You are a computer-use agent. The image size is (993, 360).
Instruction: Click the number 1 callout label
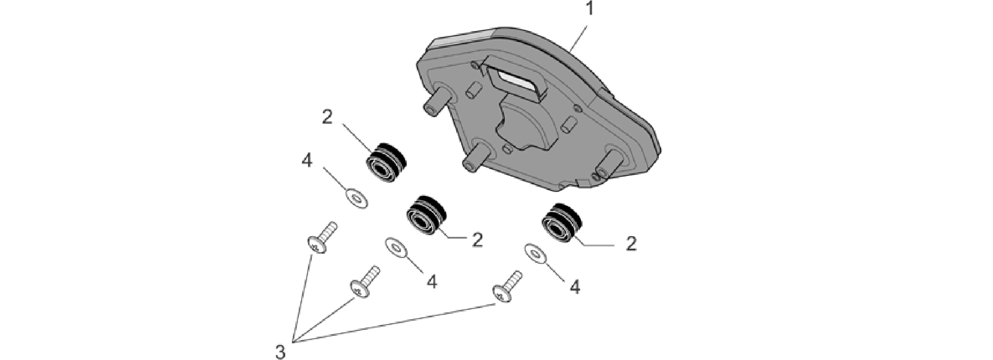pos(589,9)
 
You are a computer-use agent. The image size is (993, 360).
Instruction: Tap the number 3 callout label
pos(280,352)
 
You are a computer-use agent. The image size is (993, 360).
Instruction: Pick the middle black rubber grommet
pos(425,214)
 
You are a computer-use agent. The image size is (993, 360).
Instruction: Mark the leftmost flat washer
pos(356,198)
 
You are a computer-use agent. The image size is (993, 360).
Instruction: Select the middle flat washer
pos(397,248)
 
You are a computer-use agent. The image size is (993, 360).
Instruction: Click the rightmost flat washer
pos(535,254)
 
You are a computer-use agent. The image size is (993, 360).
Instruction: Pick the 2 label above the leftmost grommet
pos(327,117)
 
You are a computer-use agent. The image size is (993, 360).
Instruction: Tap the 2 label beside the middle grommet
pos(478,240)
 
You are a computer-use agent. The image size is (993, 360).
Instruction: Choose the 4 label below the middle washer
pos(431,281)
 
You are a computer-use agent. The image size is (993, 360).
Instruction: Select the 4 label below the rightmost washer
pos(575,287)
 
